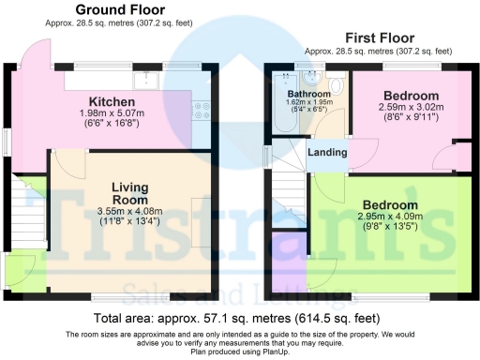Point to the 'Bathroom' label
308,95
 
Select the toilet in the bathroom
322,78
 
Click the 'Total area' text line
238,319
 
